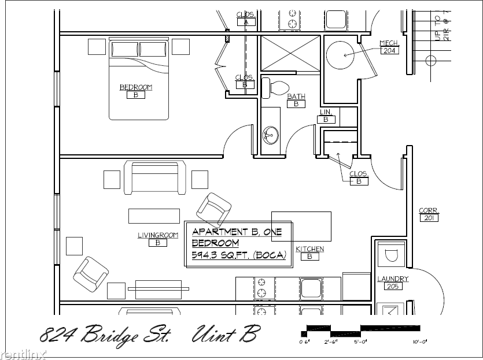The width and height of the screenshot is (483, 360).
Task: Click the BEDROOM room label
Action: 136,87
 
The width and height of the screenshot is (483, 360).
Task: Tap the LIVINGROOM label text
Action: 157,235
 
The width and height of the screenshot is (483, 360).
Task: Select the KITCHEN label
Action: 310,249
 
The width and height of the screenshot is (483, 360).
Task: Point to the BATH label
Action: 296,97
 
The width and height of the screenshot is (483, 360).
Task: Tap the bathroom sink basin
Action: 271,136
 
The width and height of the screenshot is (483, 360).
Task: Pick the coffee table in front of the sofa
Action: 154,216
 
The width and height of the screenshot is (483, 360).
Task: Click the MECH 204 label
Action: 388,43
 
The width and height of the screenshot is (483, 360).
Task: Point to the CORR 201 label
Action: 429,211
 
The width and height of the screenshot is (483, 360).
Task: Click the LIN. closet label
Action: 326,112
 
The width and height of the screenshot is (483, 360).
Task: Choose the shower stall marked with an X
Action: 290,54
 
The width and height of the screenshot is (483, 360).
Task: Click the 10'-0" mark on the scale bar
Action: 419,342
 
